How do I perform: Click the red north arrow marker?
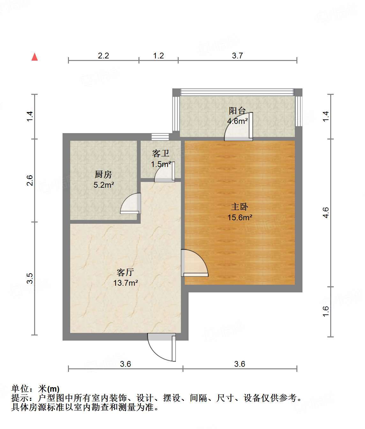pyautogui.click(x=35, y=57)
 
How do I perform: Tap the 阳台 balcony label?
pyautogui.click(x=237, y=111)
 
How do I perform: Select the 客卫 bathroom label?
pyautogui.click(x=160, y=154)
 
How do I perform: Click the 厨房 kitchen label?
pyautogui.click(x=103, y=175)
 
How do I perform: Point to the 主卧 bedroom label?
pyautogui.click(x=240, y=207)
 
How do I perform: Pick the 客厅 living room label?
pyautogui.click(x=125, y=272)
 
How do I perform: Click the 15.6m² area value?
pyautogui.click(x=240, y=218)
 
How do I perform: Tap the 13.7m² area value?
pyautogui.click(x=126, y=283)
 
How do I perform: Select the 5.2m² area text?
pyautogui.click(x=104, y=185)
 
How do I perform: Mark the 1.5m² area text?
pyautogui.click(x=161, y=164)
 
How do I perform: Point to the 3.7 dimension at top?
pyautogui.click(x=237, y=56)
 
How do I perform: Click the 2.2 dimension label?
pyautogui.click(x=103, y=56)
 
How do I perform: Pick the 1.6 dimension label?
pyautogui.click(x=325, y=312)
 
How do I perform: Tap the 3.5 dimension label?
pyautogui.click(x=30, y=278)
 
